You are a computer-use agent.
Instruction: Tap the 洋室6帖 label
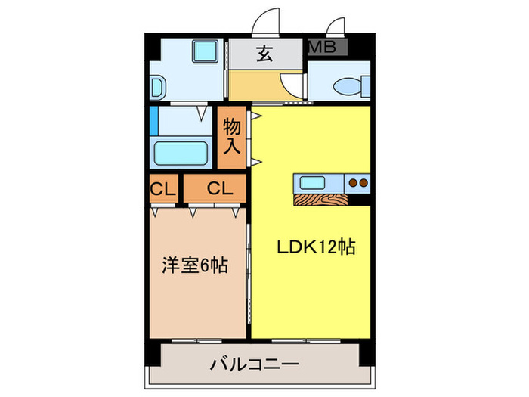click(195, 267)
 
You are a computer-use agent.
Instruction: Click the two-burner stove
click(357, 181)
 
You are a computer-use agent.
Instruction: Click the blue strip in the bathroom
click(153, 120)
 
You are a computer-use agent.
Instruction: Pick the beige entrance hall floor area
click(253, 85)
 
